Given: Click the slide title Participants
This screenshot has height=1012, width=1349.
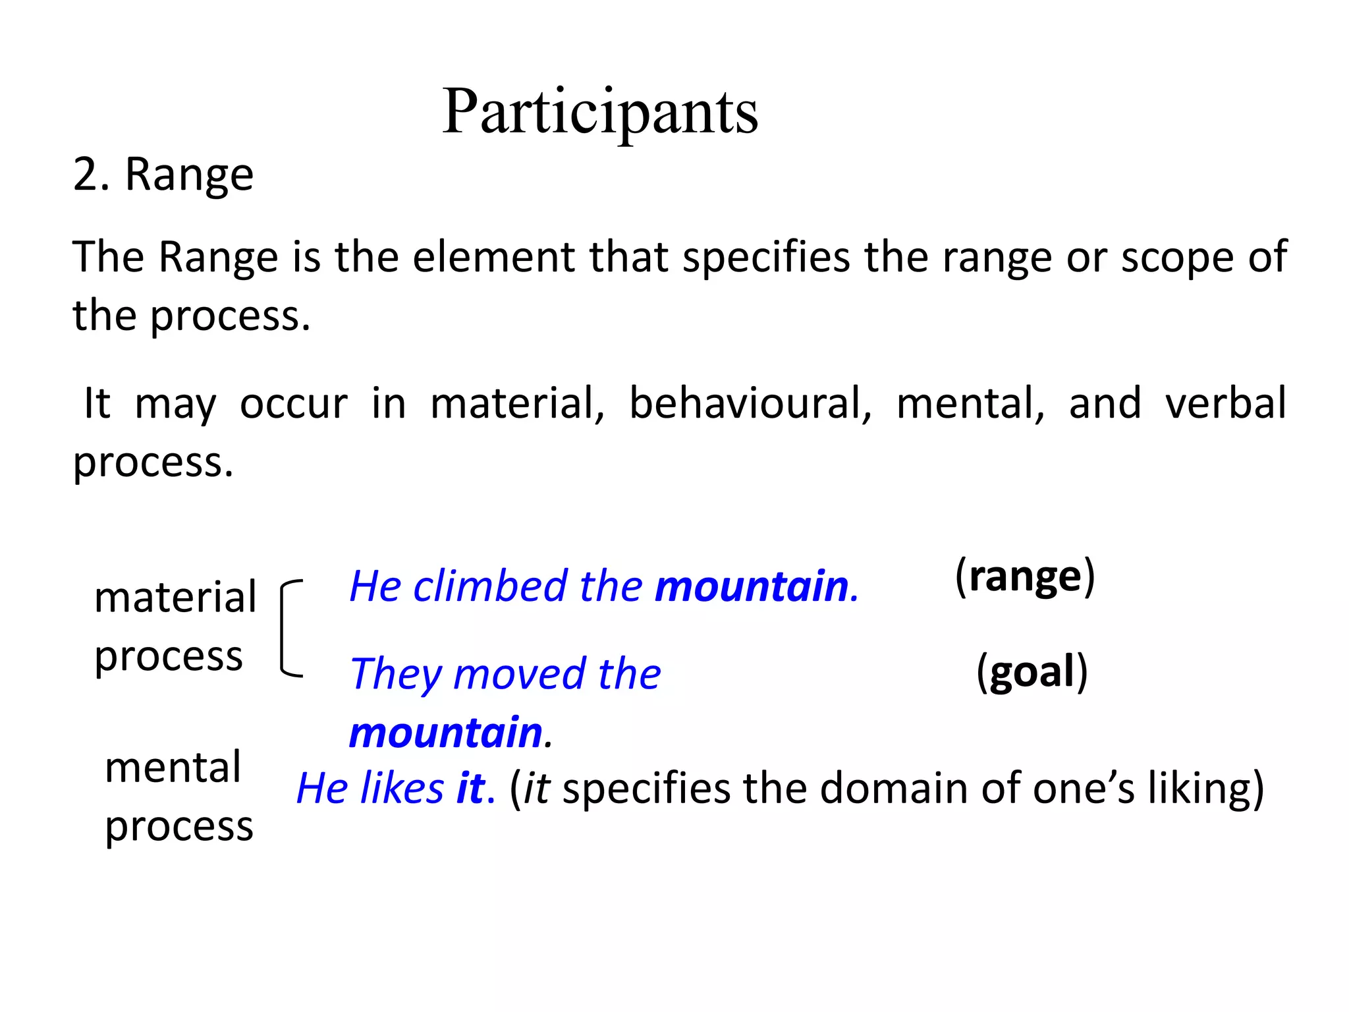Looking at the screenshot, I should pyautogui.click(x=599, y=112).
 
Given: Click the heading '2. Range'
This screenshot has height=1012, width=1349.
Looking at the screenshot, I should pyautogui.click(x=163, y=175).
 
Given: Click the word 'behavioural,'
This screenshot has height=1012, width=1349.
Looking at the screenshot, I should pyautogui.click(x=750, y=403).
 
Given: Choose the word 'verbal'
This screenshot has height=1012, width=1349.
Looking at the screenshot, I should pyautogui.click(x=1225, y=403).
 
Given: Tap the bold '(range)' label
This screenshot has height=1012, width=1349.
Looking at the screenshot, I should pyautogui.click(x=1025, y=576).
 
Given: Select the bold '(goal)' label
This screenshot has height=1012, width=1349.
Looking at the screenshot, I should pyautogui.click(x=1032, y=672).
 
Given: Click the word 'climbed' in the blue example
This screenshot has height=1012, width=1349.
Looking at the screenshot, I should pyautogui.click(x=490, y=586).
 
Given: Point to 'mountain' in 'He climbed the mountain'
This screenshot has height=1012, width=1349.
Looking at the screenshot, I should pyautogui.click(x=752, y=586).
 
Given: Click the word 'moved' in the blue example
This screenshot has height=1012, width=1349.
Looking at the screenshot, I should pyautogui.click(x=519, y=674).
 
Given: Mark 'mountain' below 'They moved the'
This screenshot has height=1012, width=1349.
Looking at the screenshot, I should pyautogui.click(x=446, y=733).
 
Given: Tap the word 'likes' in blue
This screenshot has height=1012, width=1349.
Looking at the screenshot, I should pyautogui.click(x=402, y=788).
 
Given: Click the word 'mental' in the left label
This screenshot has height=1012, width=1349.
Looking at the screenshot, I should pyautogui.click(x=173, y=768).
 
